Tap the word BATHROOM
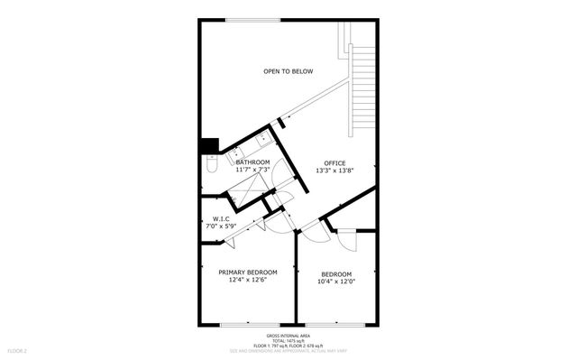tap(253, 162)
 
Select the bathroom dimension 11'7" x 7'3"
tap(253, 170)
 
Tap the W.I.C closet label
tap(222, 218)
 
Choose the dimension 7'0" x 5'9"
tap(222, 226)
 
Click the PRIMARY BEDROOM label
tap(248, 272)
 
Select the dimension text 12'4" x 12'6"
tap(248, 280)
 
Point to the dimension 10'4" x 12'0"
tap(335, 281)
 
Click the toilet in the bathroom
tap(211, 165)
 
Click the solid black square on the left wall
tap(210, 144)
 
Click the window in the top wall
tap(252, 20)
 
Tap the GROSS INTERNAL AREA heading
tap(288, 333)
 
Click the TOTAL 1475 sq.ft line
tap(288, 339)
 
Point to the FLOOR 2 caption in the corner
tap(18, 350)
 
